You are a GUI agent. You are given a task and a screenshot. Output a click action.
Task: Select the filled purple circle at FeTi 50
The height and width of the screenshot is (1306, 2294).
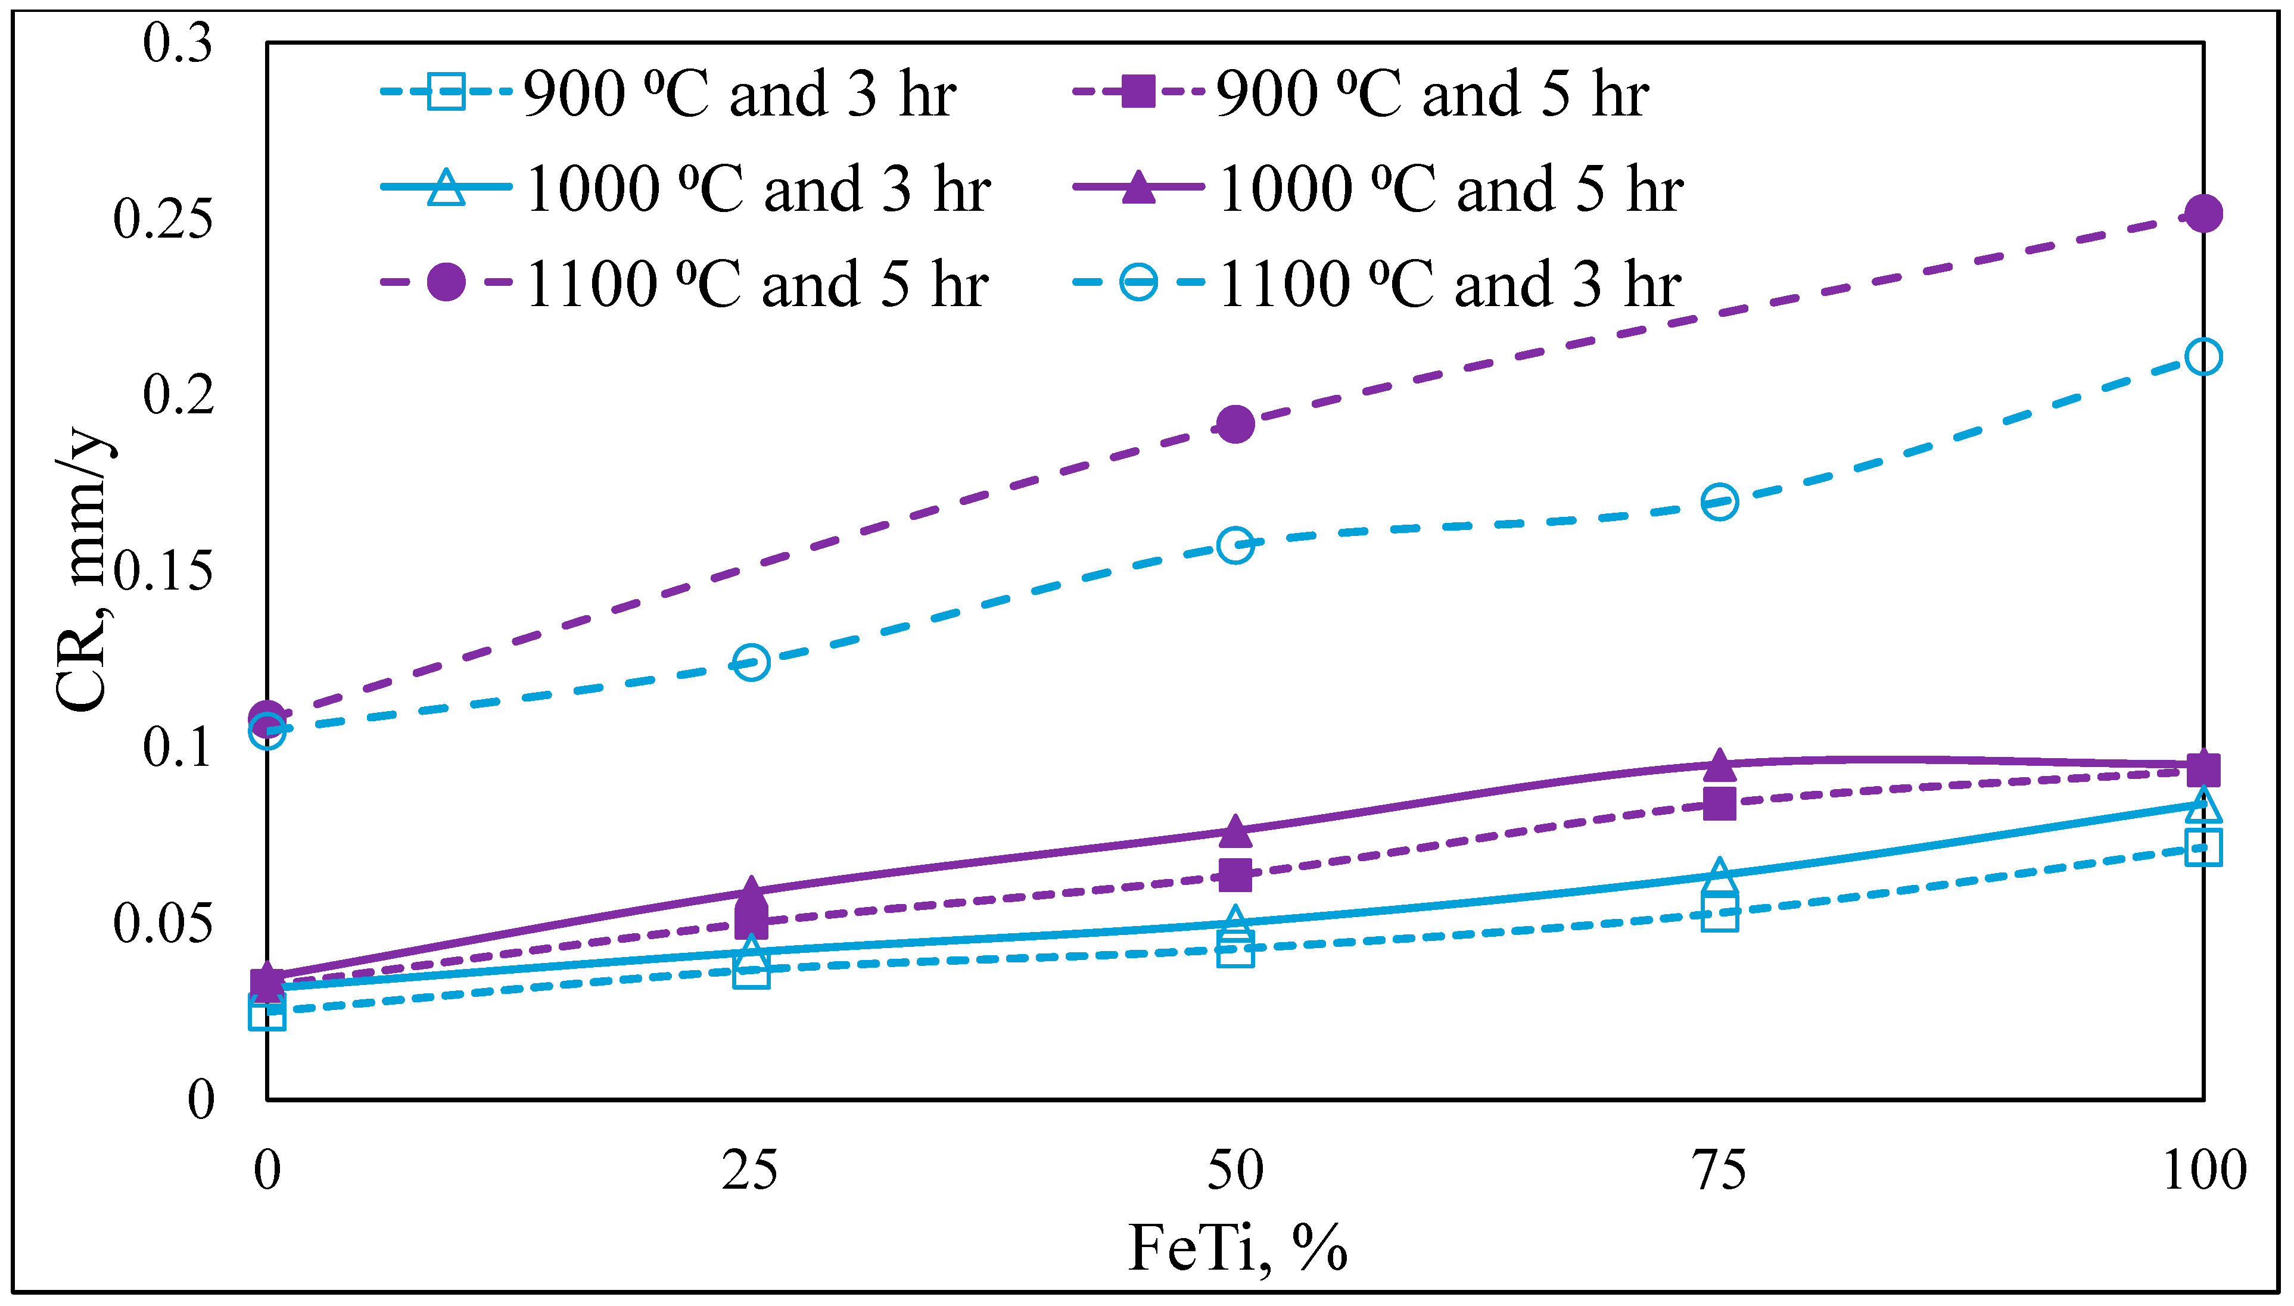coord(1235,424)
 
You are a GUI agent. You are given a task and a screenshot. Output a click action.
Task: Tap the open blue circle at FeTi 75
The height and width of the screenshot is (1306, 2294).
coord(1719,501)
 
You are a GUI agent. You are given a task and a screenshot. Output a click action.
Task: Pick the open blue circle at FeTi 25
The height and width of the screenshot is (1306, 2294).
coord(751,663)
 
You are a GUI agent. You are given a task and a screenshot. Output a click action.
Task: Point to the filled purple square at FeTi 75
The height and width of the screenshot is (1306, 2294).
coord(1719,804)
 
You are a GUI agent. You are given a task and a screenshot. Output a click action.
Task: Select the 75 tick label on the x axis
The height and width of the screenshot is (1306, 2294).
coord(1719,1171)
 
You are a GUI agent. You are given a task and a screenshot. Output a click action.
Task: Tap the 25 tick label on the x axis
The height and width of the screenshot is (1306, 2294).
coord(751,1171)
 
